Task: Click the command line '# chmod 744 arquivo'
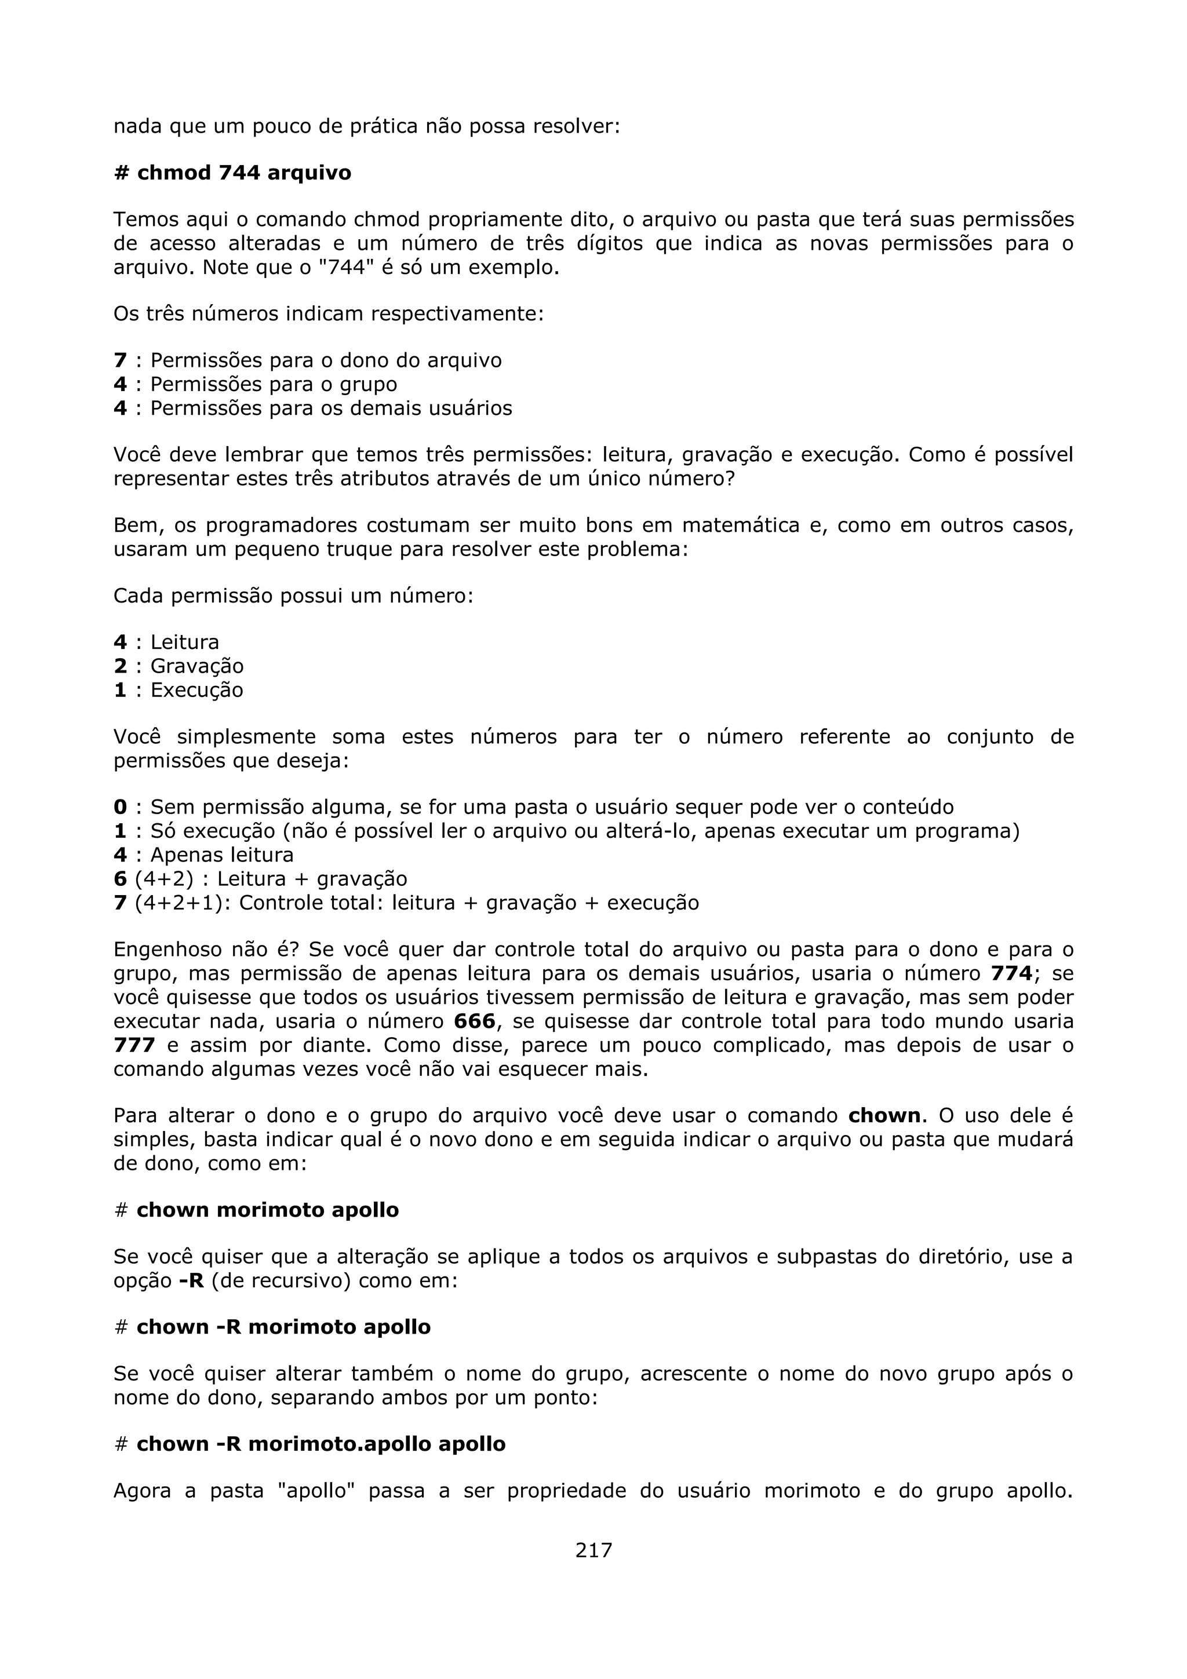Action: [232, 173]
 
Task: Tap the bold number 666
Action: [474, 1021]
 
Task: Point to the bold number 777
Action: [134, 1045]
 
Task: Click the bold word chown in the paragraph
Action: [884, 1116]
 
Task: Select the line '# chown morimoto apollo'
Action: [257, 1210]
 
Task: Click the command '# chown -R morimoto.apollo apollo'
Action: [310, 1444]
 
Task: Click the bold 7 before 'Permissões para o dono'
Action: [120, 360]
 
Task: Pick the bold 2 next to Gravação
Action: [120, 666]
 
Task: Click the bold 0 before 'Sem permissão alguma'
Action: [120, 807]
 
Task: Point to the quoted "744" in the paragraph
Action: [337, 268]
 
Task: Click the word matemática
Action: [740, 526]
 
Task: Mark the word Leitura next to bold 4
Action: [184, 643]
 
